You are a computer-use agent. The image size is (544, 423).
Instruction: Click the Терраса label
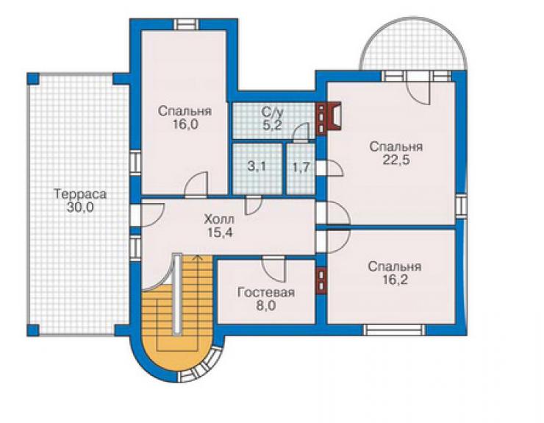click(x=80, y=193)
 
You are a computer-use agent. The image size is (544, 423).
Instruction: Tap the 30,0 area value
click(x=80, y=207)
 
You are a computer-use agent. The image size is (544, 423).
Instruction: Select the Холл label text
click(x=219, y=219)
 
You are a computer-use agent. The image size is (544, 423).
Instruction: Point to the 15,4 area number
click(x=220, y=232)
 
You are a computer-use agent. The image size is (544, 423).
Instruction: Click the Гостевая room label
click(x=266, y=292)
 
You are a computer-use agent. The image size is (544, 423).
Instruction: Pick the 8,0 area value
click(x=266, y=306)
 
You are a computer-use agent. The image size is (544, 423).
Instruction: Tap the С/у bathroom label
click(x=272, y=112)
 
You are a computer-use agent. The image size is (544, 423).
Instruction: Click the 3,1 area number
click(x=257, y=166)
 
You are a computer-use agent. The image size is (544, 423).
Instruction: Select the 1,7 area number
click(x=301, y=168)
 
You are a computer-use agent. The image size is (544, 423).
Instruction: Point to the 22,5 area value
click(x=396, y=160)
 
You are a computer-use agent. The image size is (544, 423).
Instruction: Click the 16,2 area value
click(x=395, y=280)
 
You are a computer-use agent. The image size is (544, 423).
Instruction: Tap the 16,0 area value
click(x=185, y=124)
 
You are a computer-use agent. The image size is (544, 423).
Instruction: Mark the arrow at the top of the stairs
click(x=198, y=257)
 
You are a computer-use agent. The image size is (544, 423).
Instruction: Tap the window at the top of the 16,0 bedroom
click(x=186, y=25)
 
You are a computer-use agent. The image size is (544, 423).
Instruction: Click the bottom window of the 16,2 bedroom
click(x=395, y=330)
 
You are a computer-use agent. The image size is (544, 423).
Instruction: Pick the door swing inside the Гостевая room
click(x=274, y=269)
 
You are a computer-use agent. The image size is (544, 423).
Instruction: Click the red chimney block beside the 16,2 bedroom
click(x=322, y=280)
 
